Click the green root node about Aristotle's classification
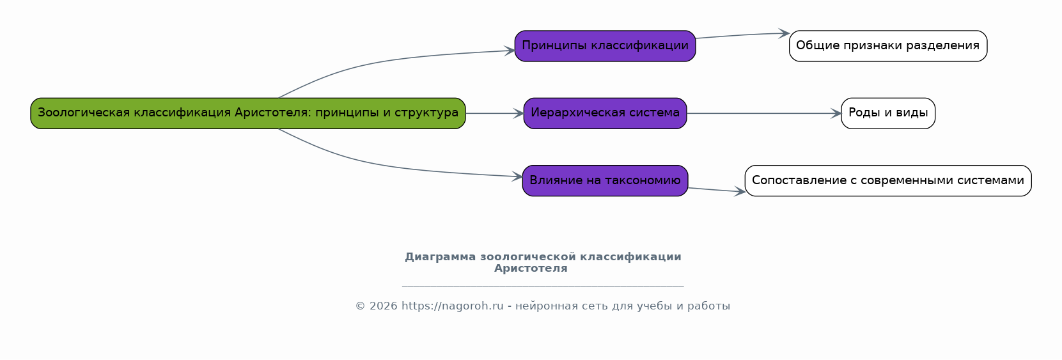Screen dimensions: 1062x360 tap(248, 113)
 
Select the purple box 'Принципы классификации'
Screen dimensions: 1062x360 tap(605, 46)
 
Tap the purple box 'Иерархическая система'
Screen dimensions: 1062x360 tap(605, 113)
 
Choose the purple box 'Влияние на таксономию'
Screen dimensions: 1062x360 tap(605, 181)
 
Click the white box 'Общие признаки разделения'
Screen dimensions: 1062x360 tap(888, 46)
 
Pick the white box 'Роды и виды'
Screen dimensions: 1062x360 tap(888, 113)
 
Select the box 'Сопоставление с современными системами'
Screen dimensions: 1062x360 tap(888, 181)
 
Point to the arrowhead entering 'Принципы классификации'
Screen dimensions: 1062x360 tap(510, 51)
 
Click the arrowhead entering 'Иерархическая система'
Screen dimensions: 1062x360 tap(518, 113)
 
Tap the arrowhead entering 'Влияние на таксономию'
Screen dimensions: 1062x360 tap(517, 176)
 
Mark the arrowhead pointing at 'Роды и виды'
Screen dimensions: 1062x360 tap(836, 113)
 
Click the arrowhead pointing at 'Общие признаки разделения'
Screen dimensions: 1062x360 tap(784, 33)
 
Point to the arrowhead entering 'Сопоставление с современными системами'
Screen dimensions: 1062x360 tap(740, 192)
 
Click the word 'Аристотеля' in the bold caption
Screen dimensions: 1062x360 tap(531, 269)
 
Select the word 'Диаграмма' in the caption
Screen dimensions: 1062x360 tap(440, 257)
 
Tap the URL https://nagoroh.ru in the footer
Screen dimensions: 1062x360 tap(452, 306)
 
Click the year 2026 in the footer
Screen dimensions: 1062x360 tap(383, 306)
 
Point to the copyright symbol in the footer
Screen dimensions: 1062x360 tap(361, 306)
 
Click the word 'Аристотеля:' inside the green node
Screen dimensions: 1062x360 tap(273, 113)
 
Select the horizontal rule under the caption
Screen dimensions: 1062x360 tap(543, 286)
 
